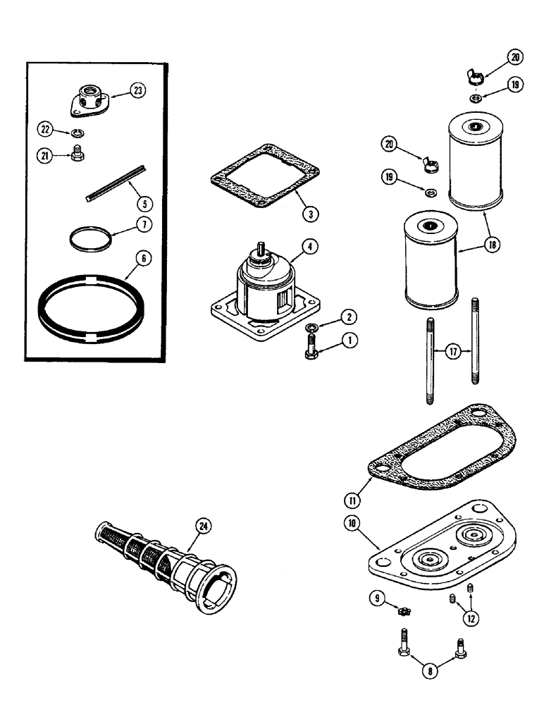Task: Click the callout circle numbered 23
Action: tap(138, 90)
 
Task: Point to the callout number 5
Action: tap(144, 203)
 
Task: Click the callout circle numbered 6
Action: tap(144, 259)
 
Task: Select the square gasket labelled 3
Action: tap(264, 177)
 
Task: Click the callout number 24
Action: tap(205, 526)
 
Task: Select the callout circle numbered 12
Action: tap(469, 618)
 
